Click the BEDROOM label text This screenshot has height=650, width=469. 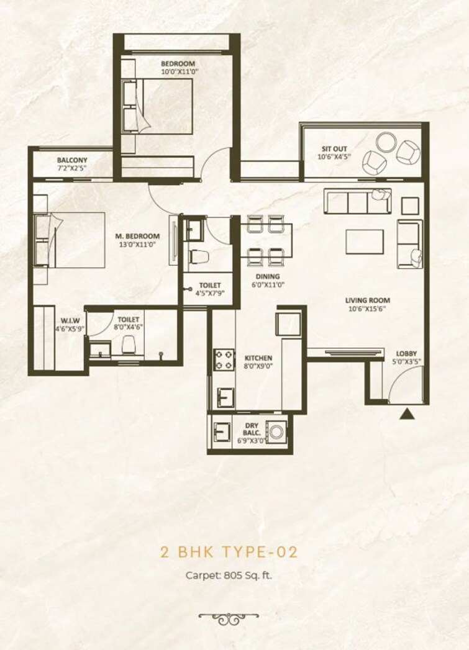(178, 63)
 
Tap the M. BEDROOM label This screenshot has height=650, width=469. (138, 236)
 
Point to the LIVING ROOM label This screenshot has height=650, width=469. (368, 301)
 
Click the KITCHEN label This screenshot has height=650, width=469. (258, 358)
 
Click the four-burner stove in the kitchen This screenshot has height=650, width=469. (224, 360)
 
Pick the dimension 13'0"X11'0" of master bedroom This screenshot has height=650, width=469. (137, 244)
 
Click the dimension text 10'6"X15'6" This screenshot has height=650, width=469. (368, 309)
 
